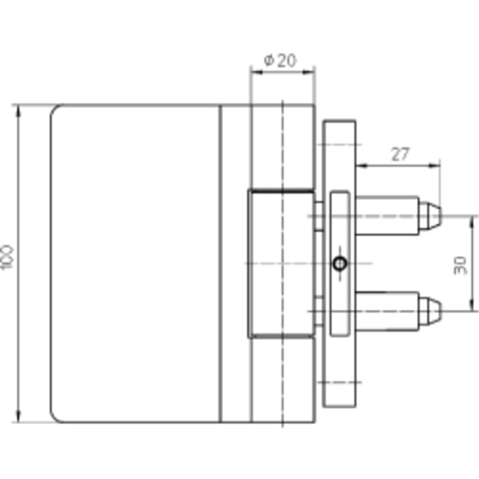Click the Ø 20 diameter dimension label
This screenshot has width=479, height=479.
(x=280, y=60)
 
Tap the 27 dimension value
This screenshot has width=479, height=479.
(x=400, y=154)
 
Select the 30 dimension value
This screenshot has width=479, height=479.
(x=460, y=265)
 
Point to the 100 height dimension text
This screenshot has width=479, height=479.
(x=7, y=257)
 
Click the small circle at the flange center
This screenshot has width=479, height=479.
(x=340, y=263)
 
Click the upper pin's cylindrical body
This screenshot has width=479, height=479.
(x=387, y=216)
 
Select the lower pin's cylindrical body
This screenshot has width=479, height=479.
(x=387, y=311)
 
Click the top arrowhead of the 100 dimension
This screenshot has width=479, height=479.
(x=19, y=111)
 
